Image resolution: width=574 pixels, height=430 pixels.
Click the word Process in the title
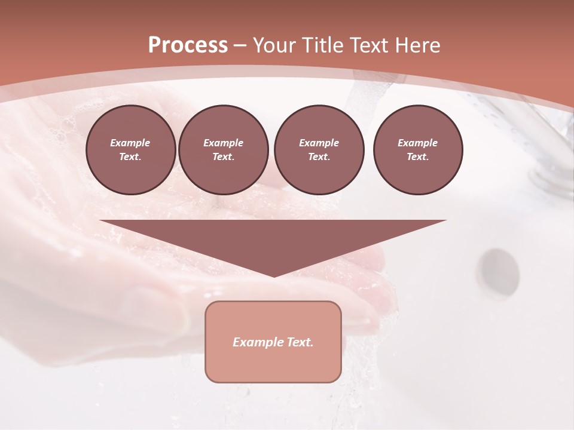[188, 45]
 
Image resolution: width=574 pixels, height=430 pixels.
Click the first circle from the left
[130, 150]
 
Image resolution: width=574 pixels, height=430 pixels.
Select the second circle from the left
[223, 150]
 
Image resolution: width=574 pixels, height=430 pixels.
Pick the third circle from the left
[319, 150]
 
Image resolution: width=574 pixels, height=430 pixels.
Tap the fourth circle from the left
[417, 150]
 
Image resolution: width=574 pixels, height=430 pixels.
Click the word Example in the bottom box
[255, 342]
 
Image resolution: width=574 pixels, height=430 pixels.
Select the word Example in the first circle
[130, 143]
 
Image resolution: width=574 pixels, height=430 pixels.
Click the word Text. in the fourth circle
[417, 156]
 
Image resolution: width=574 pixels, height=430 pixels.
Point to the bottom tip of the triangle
[273, 275]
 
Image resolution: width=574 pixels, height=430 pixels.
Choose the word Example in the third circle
[319, 143]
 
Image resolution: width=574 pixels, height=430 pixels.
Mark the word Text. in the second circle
[223, 156]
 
